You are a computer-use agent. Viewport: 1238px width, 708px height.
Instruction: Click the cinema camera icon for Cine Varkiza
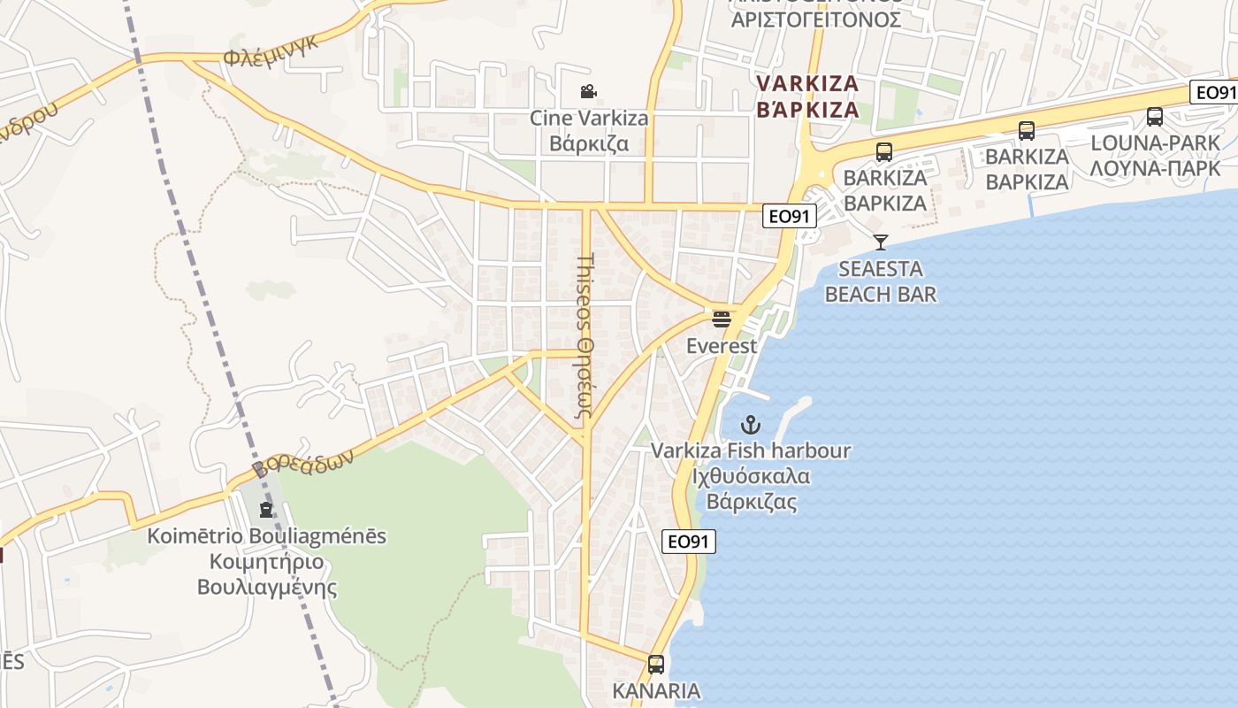click(x=588, y=91)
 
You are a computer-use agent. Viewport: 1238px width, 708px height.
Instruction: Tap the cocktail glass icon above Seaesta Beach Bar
click(x=880, y=242)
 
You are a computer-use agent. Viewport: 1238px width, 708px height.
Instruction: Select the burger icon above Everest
click(x=722, y=319)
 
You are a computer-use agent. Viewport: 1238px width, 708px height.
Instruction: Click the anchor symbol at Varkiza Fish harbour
click(x=751, y=425)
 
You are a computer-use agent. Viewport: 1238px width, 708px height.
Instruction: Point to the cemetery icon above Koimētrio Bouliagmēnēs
click(x=265, y=509)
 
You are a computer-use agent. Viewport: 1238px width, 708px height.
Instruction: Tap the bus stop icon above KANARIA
click(x=655, y=664)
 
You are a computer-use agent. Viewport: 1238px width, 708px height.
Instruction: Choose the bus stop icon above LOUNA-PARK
click(x=1154, y=117)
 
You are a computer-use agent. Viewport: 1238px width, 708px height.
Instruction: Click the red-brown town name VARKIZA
click(x=807, y=84)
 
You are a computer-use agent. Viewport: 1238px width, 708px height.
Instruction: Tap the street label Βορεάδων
click(x=302, y=460)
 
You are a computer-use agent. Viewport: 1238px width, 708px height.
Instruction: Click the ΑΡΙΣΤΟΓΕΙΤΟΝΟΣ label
click(x=815, y=19)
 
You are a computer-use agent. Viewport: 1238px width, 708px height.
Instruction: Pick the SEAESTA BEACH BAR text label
click(x=880, y=281)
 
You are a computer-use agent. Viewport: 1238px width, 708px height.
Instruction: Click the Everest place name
click(x=722, y=346)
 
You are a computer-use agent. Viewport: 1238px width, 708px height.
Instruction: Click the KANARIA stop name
click(x=656, y=690)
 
